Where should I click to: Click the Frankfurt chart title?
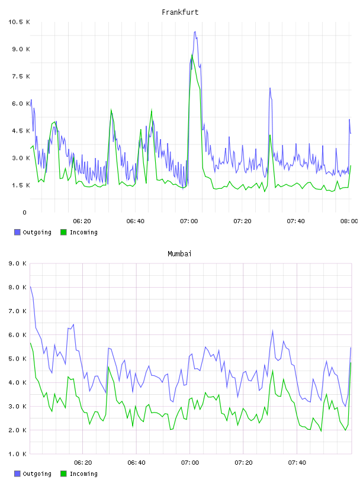[180, 12]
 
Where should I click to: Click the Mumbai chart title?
[179, 254]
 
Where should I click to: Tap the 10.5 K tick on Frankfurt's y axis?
[19, 22]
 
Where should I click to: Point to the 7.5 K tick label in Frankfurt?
[21, 76]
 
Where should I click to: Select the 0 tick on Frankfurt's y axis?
[25, 212]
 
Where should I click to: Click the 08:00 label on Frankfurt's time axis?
[349, 221]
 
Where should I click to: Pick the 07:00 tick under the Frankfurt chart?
[189, 221]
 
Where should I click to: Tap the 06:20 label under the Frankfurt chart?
[82, 221]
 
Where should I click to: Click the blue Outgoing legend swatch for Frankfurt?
[17, 232]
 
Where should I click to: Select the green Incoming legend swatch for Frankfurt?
[63, 232]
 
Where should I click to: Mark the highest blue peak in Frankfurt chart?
[195, 31]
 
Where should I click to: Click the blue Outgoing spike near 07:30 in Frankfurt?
[270, 88]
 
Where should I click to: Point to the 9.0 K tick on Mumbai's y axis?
[17, 263]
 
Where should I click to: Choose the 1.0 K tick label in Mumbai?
[17, 454]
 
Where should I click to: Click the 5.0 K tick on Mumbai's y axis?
[17, 359]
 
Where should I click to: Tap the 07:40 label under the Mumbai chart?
[297, 463]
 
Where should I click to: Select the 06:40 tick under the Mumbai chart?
[137, 463]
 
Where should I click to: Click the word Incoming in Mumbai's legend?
[83, 474]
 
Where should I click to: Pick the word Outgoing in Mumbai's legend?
[37, 474]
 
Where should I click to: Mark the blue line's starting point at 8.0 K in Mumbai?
[30, 286]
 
